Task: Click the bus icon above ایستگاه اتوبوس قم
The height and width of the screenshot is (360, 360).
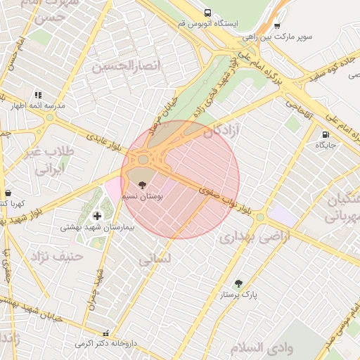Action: click(x=207, y=13)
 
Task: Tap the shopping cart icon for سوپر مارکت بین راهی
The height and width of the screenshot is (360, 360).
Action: click(x=276, y=26)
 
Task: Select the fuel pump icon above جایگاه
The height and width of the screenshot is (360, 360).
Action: click(x=325, y=134)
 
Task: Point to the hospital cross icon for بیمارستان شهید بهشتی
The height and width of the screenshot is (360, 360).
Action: click(x=96, y=216)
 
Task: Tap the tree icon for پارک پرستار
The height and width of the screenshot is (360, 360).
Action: click(x=238, y=284)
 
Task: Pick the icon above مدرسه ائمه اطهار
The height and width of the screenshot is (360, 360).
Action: click(x=38, y=94)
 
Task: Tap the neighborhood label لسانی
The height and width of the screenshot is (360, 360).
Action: click(x=154, y=259)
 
